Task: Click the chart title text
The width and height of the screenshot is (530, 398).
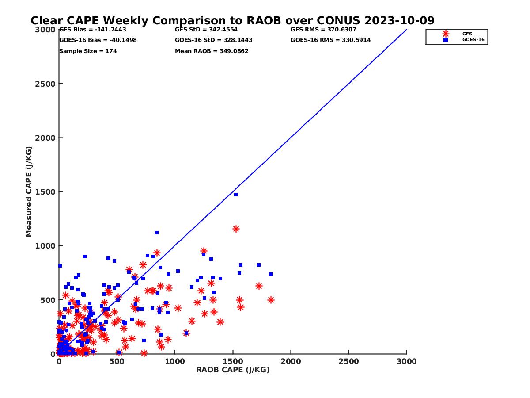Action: (232, 20)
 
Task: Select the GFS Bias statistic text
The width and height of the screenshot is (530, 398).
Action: (93, 30)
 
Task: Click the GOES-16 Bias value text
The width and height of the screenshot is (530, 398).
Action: (98, 40)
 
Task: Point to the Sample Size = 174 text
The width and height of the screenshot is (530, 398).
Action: (88, 51)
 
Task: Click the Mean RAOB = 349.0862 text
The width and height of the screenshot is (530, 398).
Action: (212, 51)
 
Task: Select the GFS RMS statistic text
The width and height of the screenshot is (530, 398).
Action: (323, 30)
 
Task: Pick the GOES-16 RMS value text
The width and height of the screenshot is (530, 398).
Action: (330, 40)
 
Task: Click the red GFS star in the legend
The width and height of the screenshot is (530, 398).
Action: (446, 34)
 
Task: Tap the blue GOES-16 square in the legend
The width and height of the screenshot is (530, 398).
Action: (446, 40)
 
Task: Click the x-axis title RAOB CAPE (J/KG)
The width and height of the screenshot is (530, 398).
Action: (233, 370)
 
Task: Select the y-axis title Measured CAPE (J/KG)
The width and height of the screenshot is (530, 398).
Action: (29, 191)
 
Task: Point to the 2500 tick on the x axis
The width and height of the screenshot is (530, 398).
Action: (349, 361)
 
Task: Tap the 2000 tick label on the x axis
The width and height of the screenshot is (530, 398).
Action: (291, 361)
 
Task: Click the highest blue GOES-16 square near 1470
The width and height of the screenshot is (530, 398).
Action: (236, 195)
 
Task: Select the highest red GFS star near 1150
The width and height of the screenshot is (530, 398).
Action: (236, 229)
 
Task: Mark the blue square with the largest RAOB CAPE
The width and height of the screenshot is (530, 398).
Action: (271, 274)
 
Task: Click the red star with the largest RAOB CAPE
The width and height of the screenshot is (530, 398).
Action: (271, 300)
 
